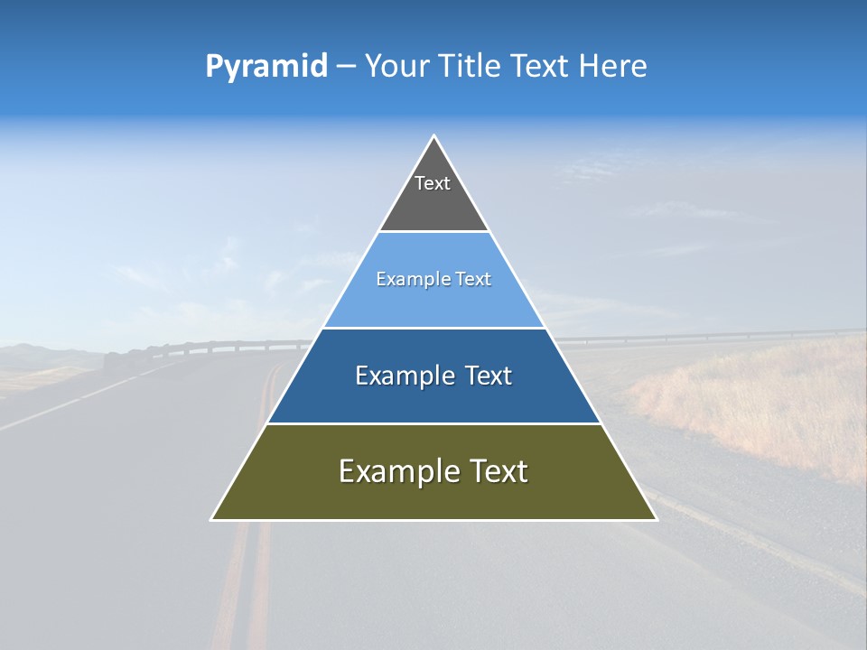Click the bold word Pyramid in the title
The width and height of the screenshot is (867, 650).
click(266, 67)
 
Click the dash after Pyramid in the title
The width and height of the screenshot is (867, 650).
click(345, 67)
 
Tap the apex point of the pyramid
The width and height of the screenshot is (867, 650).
click(433, 136)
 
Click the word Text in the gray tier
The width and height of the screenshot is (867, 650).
click(433, 183)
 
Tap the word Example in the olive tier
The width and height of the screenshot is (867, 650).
click(396, 471)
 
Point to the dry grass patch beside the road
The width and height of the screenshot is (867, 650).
click(768, 406)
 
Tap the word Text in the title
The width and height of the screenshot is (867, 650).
click(541, 67)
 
